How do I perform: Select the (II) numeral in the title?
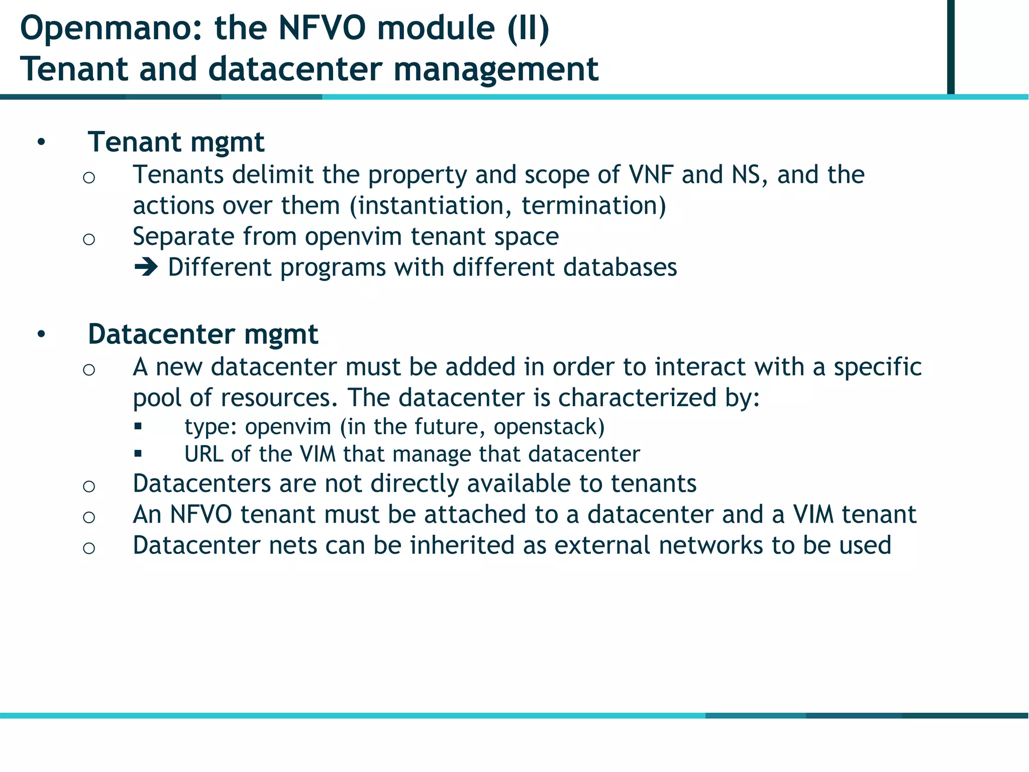528,29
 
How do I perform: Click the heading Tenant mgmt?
176,142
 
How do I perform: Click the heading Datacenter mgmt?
203,334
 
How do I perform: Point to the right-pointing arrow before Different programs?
146,267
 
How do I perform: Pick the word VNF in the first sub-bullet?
651,175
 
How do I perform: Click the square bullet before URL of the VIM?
138,454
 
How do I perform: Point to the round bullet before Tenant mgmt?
41,143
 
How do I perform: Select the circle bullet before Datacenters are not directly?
89,486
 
